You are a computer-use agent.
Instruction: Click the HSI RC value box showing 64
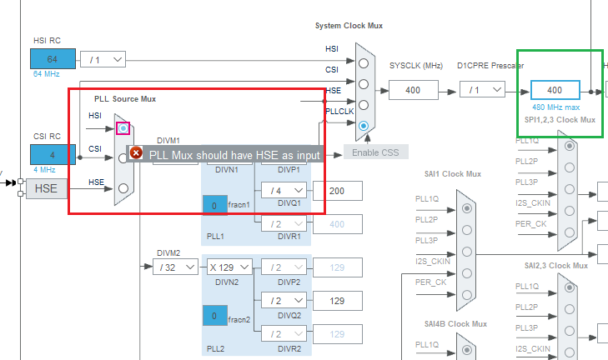pos(53,59)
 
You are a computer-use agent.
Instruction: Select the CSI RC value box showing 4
pos(53,154)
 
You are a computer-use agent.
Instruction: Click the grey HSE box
pos(48,188)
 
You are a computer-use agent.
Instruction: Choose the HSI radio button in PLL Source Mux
pos(123,128)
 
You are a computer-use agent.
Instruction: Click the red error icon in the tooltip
pos(137,153)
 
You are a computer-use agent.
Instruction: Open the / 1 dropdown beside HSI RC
pos(103,59)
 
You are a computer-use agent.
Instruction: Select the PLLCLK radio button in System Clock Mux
pos(363,125)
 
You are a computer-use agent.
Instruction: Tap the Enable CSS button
pos(376,152)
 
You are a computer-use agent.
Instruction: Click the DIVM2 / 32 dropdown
pos(176,267)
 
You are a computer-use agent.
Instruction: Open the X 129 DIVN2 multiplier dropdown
pos(229,267)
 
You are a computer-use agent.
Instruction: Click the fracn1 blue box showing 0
pos(214,205)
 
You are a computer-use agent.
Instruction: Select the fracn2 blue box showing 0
pos(214,317)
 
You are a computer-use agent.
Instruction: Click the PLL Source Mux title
pos(125,98)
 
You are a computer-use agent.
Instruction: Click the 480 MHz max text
pos(555,107)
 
